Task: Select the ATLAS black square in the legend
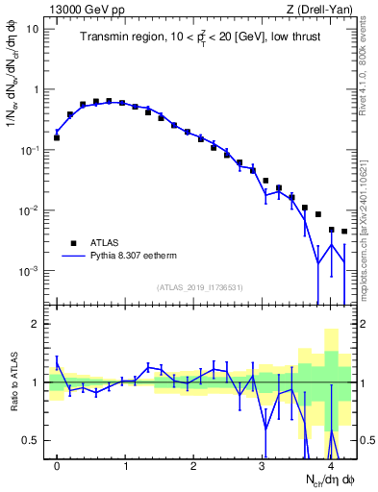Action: [x=70, y=243]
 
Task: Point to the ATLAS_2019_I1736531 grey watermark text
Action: [x=200, y=287]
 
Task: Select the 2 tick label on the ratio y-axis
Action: [x=35, y=324]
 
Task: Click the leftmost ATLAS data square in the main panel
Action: [x=57, y=137]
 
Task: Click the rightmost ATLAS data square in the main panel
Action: [x=344, y=232]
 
